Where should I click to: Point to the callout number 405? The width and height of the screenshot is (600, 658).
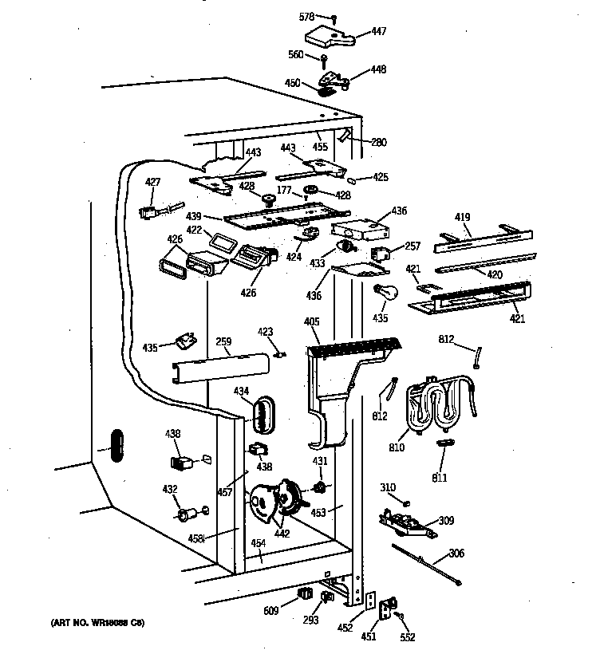click(311, 321)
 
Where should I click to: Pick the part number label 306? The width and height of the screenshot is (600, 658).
click(456, 554)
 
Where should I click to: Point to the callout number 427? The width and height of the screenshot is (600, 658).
click(152, 182)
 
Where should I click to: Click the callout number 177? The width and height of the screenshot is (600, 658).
click(283, 191)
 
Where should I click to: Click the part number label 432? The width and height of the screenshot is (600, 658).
click(169, 488)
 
